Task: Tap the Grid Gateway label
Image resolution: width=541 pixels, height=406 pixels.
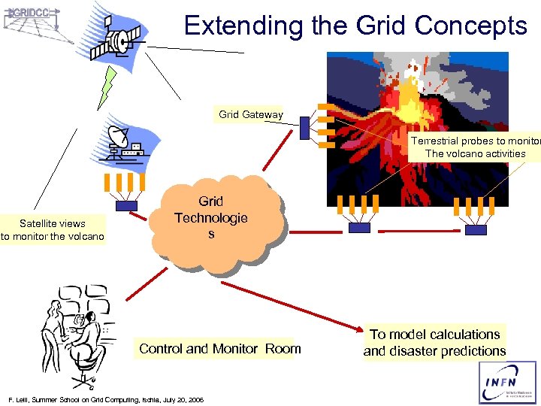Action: [x=251, y=115]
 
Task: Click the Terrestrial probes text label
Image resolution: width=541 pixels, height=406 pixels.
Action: [x=475, y=147]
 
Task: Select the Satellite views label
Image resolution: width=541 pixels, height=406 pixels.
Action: [x=53, y=230]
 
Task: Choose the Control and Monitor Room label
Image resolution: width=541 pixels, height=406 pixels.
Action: [x=219, y=349]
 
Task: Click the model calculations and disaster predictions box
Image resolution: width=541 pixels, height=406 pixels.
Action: [x=434, y=343]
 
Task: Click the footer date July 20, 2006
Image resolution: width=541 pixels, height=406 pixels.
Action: [x=181, y=398]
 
